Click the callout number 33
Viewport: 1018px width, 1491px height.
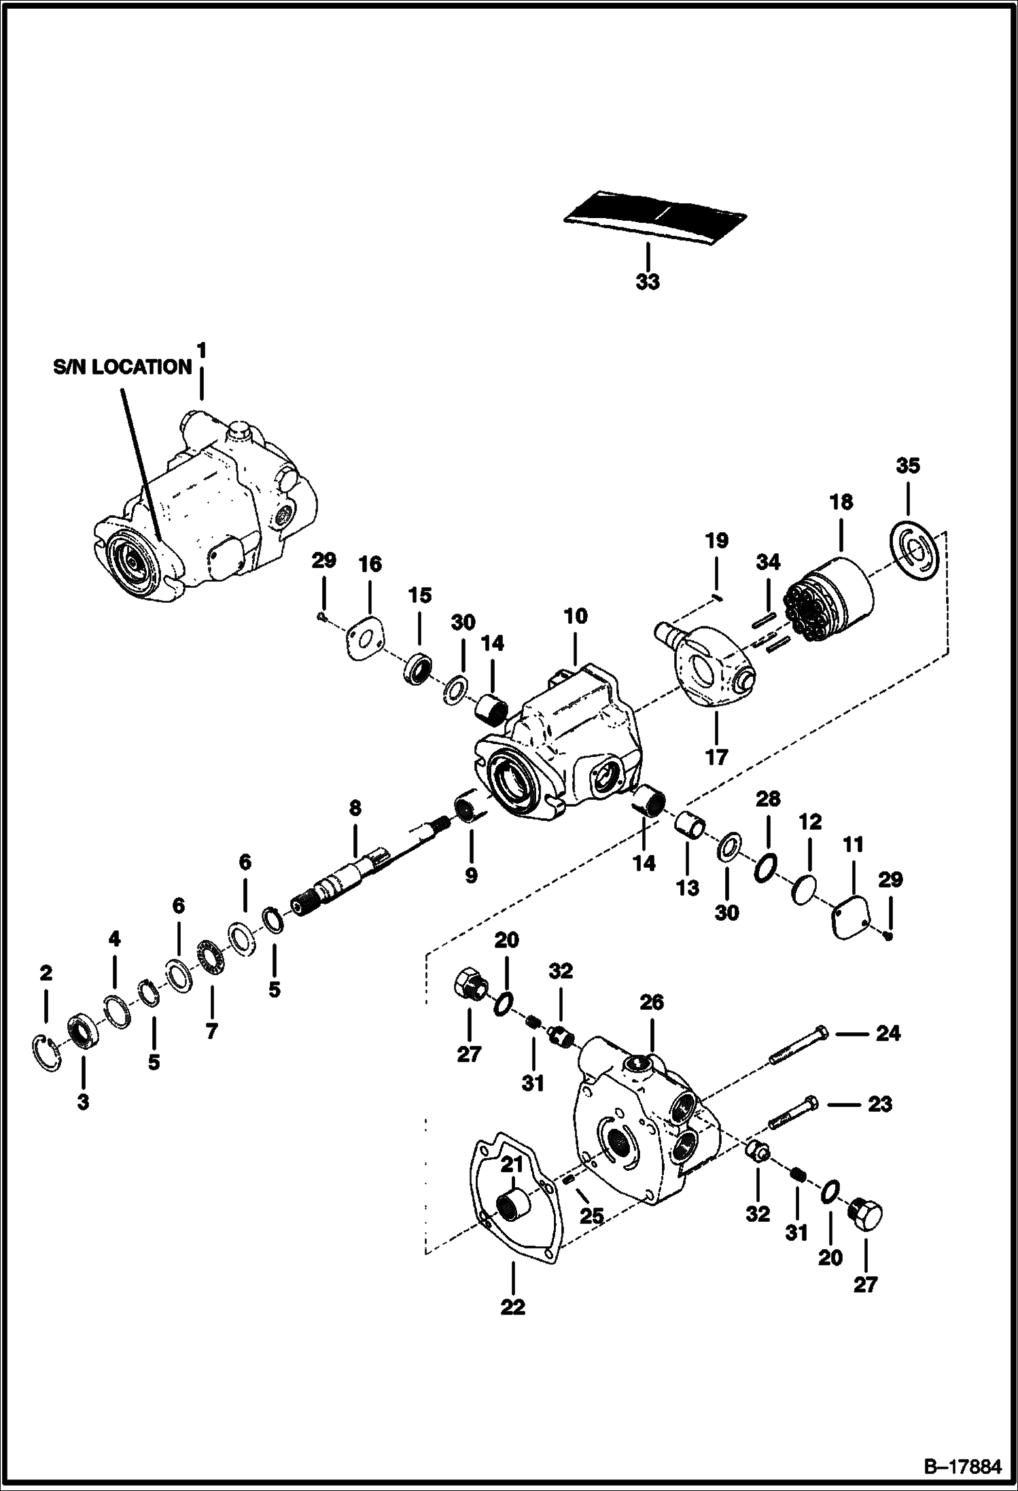pos(647,281)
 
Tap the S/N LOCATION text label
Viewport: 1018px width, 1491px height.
pos(123,368)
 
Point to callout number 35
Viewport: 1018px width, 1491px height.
pos(907,466)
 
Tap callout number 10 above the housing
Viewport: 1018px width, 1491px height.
pos(575,616)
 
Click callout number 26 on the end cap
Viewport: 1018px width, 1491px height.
pos(651,1002)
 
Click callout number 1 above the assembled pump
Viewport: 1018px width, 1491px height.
pos(201,351)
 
